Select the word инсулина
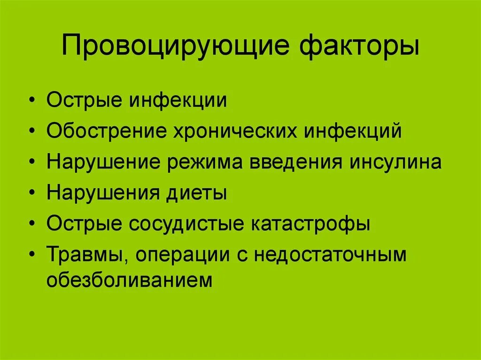[x=395, y=162]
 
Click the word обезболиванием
[x=130, y=281]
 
